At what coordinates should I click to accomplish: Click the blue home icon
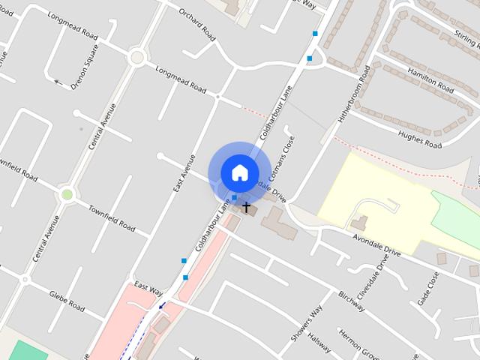pos(239,172)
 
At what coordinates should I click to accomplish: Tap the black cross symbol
pos(246,206)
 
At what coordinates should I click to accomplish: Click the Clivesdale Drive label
pos(373,278)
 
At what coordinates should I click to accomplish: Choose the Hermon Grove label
pos(353,343)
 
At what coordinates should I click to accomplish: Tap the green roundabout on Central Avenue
pos(67,195)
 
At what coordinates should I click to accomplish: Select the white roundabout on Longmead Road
pos(136,57)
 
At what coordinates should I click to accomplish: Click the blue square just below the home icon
pos(235,198)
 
